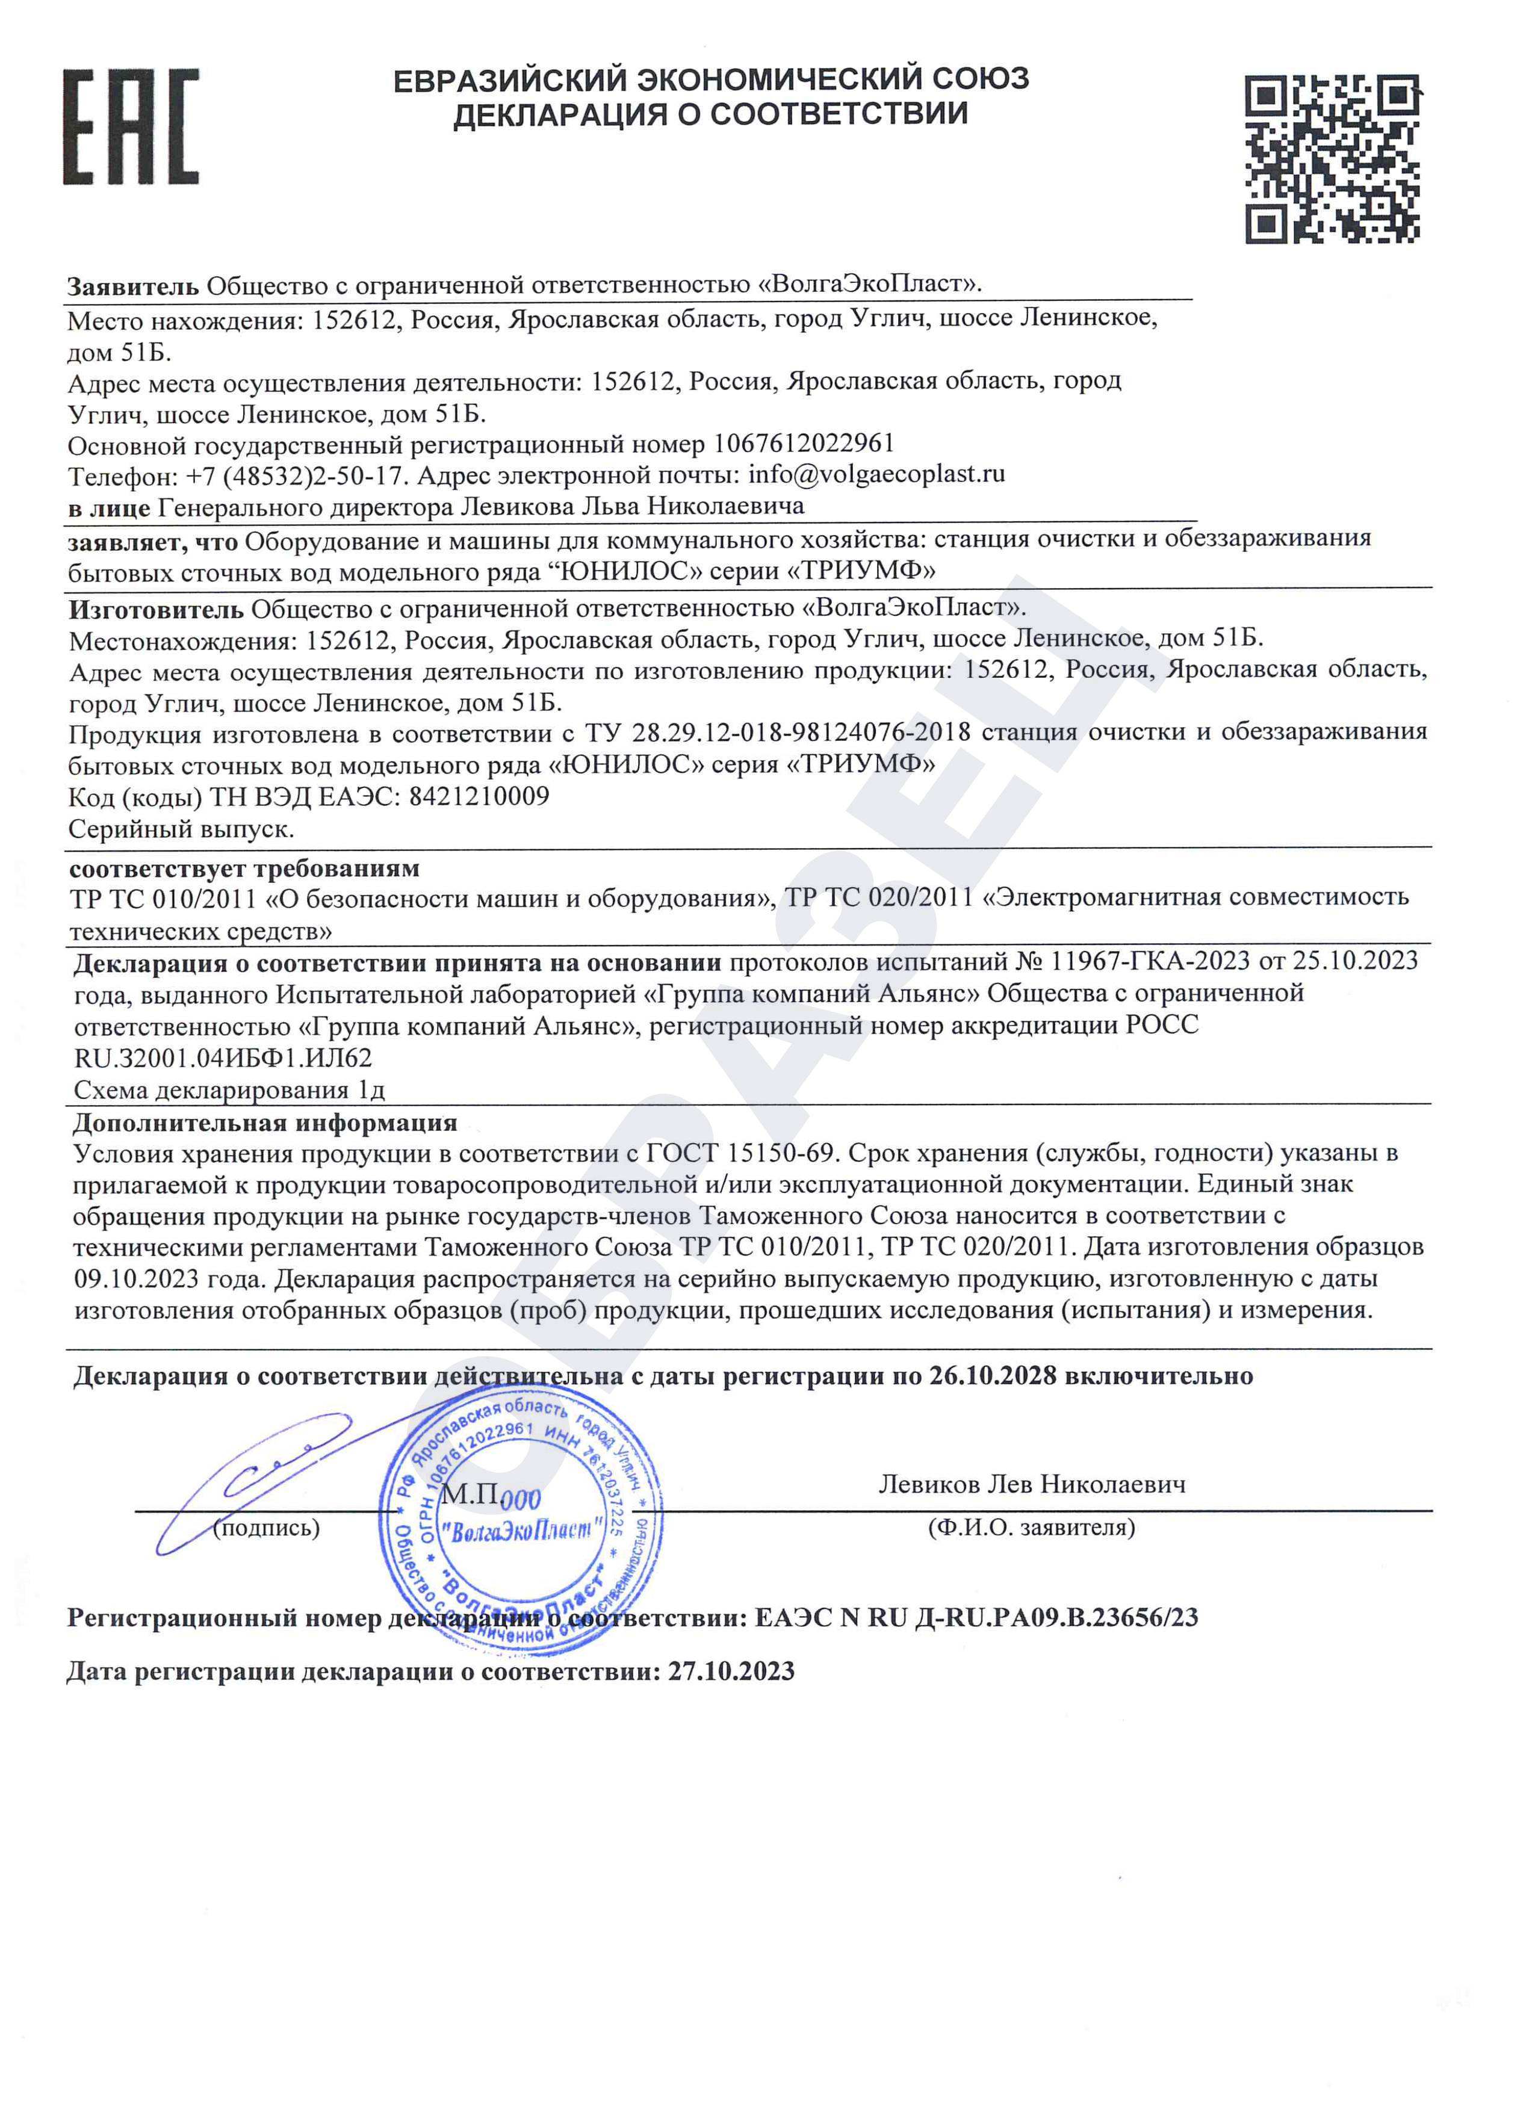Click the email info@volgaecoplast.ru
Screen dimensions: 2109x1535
tap(876, 474)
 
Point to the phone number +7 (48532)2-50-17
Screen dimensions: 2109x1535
tap(296, 476)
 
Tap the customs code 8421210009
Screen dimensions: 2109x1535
tap(479, 797)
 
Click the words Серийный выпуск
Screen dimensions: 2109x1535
tap(181, 829)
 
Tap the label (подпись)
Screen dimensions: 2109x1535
tap(266, 1528)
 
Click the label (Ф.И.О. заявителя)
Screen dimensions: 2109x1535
tap(1031, 1528)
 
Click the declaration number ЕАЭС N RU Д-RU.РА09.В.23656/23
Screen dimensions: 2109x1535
tap(976, 1618)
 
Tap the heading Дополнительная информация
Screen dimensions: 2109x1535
tap(265, 1123)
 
